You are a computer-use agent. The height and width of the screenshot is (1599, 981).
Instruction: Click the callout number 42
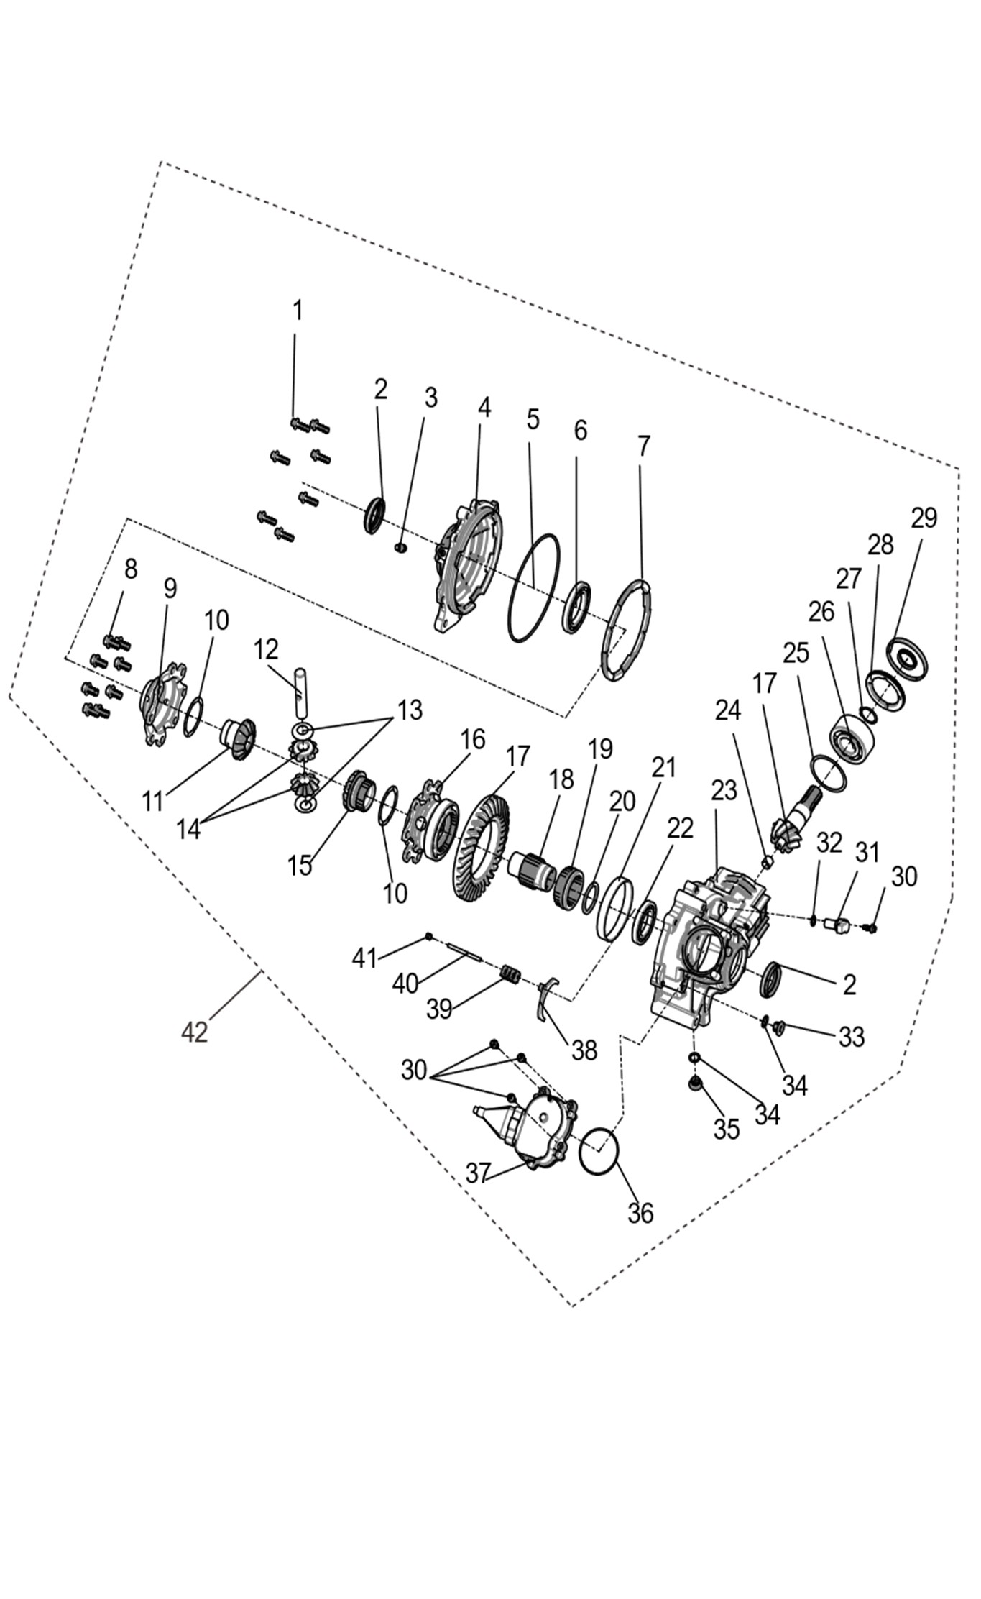coord(194,1032)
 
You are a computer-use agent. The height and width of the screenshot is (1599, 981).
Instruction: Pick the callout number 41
coord(364,958)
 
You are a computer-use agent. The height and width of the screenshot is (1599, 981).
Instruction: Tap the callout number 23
coord(724,790)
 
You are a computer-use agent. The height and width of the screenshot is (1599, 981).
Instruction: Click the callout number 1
coord(297,311)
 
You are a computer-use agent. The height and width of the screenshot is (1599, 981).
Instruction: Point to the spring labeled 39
coord(510,975)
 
